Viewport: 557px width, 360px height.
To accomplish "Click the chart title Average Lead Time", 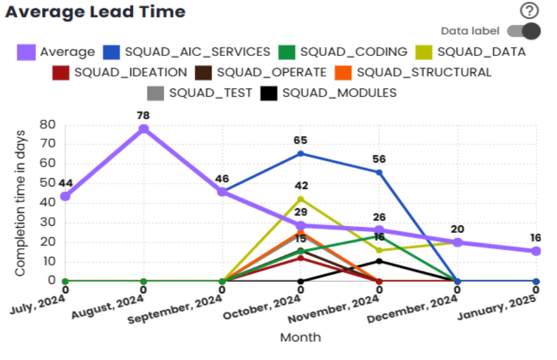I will point(96,11).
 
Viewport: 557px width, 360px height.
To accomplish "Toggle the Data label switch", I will point(523,31).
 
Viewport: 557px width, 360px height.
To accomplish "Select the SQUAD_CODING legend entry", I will point(343,52).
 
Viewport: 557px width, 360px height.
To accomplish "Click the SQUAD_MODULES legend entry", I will point(329,93).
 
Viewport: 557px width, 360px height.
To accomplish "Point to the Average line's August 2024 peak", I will point(144,129).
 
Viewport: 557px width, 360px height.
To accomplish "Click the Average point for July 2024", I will point(65,196).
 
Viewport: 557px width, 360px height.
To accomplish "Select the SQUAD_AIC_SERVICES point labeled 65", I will point(301,154).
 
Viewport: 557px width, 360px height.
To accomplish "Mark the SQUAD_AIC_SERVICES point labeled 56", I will point(379,172).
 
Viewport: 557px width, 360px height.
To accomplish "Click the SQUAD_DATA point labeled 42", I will point(301,199).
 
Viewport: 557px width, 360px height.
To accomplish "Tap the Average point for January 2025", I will point(536,250).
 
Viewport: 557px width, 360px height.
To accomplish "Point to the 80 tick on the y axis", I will point(48,125).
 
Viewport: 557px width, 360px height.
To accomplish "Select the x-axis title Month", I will point(300,337).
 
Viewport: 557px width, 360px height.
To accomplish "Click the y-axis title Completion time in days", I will point(20,203).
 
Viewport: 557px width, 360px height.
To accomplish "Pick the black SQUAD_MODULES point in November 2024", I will point(379,261).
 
